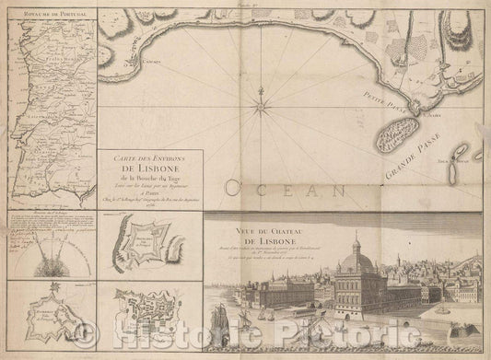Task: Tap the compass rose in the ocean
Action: click(263, 93)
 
